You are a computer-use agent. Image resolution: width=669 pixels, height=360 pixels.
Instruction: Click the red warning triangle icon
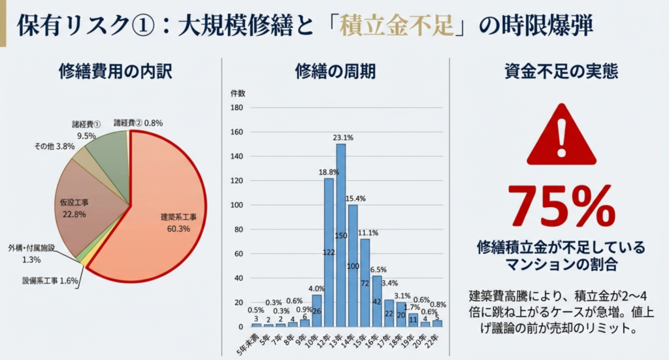[561, 136]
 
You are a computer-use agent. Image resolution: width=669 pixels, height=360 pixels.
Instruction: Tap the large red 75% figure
[561, 206]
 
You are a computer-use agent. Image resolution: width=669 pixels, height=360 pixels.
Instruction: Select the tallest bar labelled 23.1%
[340, 235]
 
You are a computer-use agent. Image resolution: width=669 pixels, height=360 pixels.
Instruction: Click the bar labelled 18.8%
[329, 252]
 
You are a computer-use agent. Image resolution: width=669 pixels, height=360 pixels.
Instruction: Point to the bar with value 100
[353, 265]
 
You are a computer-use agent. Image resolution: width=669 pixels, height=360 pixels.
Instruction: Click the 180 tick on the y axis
[237, 108]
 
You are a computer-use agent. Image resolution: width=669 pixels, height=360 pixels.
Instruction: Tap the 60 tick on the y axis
[238, 254]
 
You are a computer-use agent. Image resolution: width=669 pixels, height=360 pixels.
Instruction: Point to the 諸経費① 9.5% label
[86, 129]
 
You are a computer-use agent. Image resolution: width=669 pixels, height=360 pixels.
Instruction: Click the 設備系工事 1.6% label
[50, 281]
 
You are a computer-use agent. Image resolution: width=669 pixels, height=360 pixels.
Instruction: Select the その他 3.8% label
[56, 147]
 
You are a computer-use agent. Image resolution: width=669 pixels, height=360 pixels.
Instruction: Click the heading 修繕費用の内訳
[114, 71]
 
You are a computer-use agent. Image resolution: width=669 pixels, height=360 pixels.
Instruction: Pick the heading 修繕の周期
[335, 71]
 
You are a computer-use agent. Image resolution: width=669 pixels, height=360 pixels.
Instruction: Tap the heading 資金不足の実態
[561, 71]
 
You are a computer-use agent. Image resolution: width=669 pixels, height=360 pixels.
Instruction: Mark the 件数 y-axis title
[238, 93]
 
